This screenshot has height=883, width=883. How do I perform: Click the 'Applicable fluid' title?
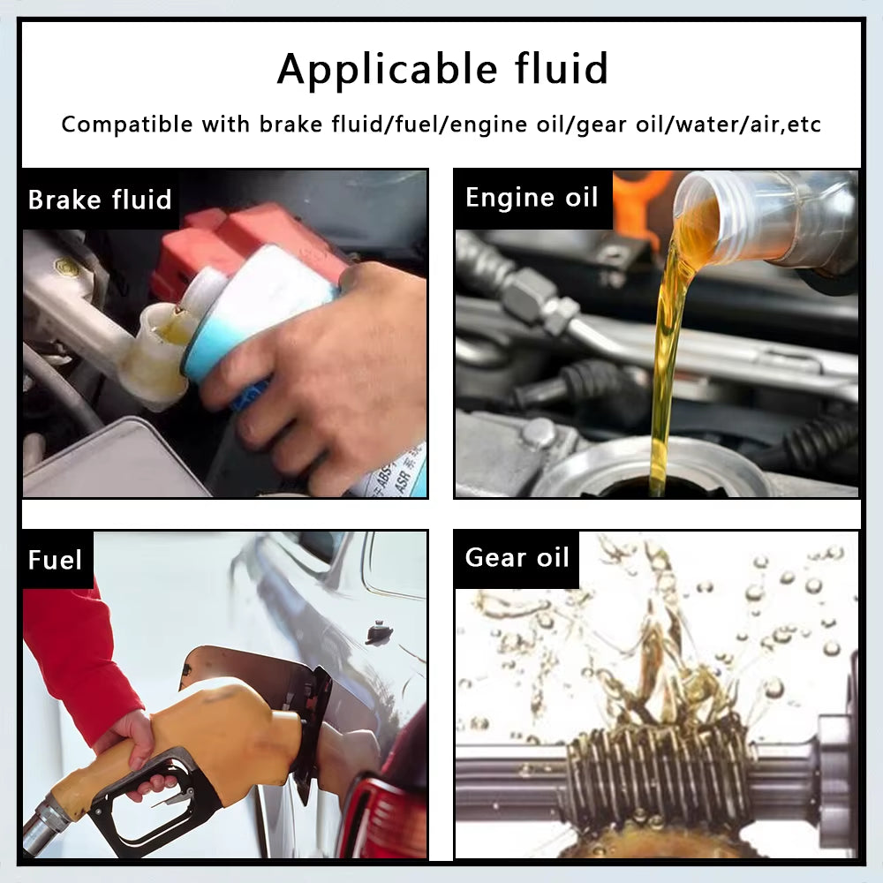point(441,69)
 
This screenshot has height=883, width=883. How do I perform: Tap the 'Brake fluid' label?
point(100,200)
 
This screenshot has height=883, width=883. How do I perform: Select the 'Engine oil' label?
point(532,197)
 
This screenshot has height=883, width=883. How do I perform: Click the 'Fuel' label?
point(55,560)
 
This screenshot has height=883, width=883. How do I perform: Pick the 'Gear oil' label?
point(517,558)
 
